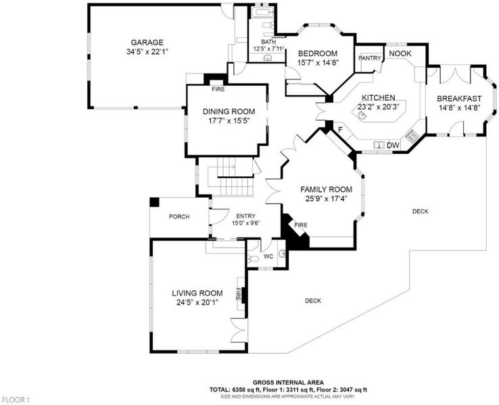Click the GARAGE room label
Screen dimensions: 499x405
tap(147, 43)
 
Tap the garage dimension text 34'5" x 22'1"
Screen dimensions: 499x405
tap(147, 51)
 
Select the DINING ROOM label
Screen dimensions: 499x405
tap(229, 111)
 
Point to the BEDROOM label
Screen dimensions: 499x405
tap(318, 53)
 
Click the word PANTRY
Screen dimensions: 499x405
tap(369, 58)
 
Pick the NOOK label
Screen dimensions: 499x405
tap(400, 53)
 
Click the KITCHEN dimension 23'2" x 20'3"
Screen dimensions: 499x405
tap(379, 107)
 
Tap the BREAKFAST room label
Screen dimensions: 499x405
tap(459, 99)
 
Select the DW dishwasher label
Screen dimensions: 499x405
tap(393, 146)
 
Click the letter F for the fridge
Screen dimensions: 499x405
tap(340, 130)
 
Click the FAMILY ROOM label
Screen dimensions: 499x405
tap(326, 189)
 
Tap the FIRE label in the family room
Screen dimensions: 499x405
tap(301, 225)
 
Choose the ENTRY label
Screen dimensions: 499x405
tap(245, 216)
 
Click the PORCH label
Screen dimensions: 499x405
tap(179, 217)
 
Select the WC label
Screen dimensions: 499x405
tap(268, 256)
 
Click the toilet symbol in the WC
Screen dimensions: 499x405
tap(254, 259)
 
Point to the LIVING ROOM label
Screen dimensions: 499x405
tap(197, 293)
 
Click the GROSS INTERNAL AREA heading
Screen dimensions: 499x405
tap(288, 383)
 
